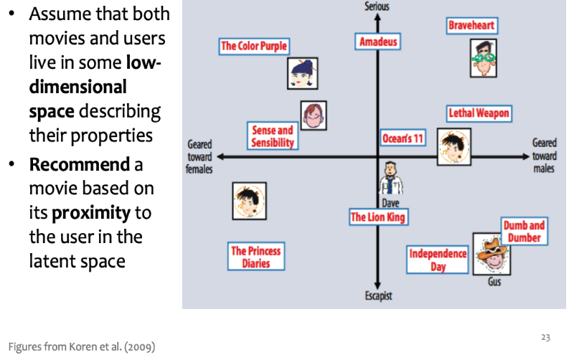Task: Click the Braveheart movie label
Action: pyautogui.click(x=471, y=26)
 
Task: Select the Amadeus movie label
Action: pyautogui.click(x=377, y=42)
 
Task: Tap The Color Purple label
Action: pyautogui.click(x=254, y=47)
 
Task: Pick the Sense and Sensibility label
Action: pyautogui.click(x=273, y=136)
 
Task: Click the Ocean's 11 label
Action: pyautogui.click(x=403, y=138)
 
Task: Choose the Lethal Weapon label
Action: pyautogui.click(x=479, y=113)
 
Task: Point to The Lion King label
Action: pyautogui.click(x=377, y=217)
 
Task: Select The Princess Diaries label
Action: pyautogui.click(x=255, y=257)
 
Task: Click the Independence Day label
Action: pyautogui.click(x=438, y=260)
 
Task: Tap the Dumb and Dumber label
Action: pyautogui.click(x=524, y=231)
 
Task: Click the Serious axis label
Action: pyautogui.click(x=377, y=6)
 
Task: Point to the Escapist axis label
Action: pyautogui.click(x=377, y=296)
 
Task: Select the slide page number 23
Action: pyautogui.click(x=545, y=337)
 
